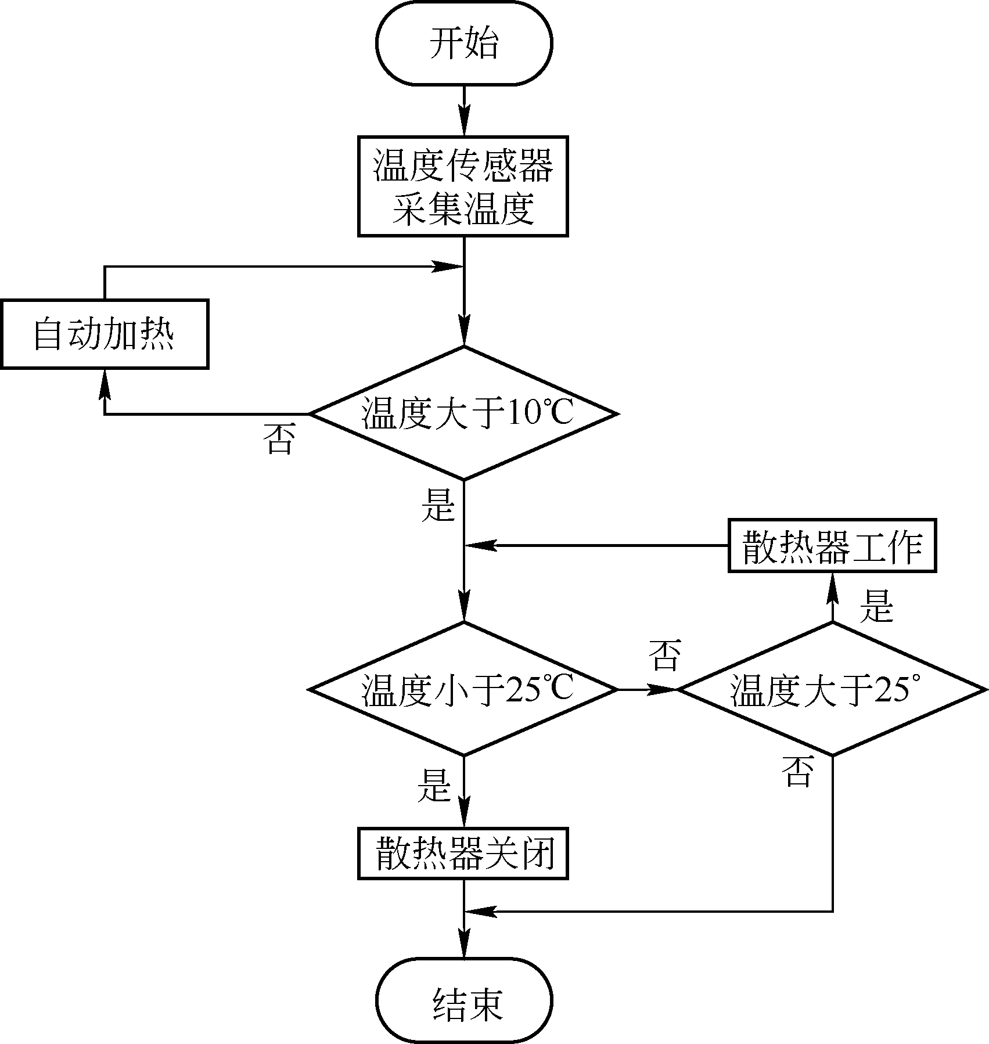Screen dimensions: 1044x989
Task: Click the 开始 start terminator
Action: [x=464, y=44]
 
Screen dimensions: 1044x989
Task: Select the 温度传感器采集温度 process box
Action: [x=463, y=186]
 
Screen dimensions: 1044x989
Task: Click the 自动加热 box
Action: [x=105, y=334]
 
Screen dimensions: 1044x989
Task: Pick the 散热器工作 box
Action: [x=832, y=546]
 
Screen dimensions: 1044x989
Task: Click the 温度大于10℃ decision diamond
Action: [x=463, y=413]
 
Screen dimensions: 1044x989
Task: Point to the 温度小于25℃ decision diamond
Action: [x=463, y=689]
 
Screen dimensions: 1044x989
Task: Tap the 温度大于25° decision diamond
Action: [x=832, y=689]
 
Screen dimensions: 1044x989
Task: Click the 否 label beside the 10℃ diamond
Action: [x=279, y=439]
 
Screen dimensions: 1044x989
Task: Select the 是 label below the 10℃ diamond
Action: [x=438, y=504]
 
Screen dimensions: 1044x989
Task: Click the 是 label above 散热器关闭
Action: [x=434, y=786]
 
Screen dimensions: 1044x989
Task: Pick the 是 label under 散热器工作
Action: [x=876, y=606]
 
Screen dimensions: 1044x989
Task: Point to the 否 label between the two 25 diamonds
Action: [x=664, y=656]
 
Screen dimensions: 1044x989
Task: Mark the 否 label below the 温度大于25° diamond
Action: [x=797, y=771]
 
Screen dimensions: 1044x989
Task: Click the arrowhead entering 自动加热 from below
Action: [x=105, y=384]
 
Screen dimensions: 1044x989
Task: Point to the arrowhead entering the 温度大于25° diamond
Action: [x=663, y=690]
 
